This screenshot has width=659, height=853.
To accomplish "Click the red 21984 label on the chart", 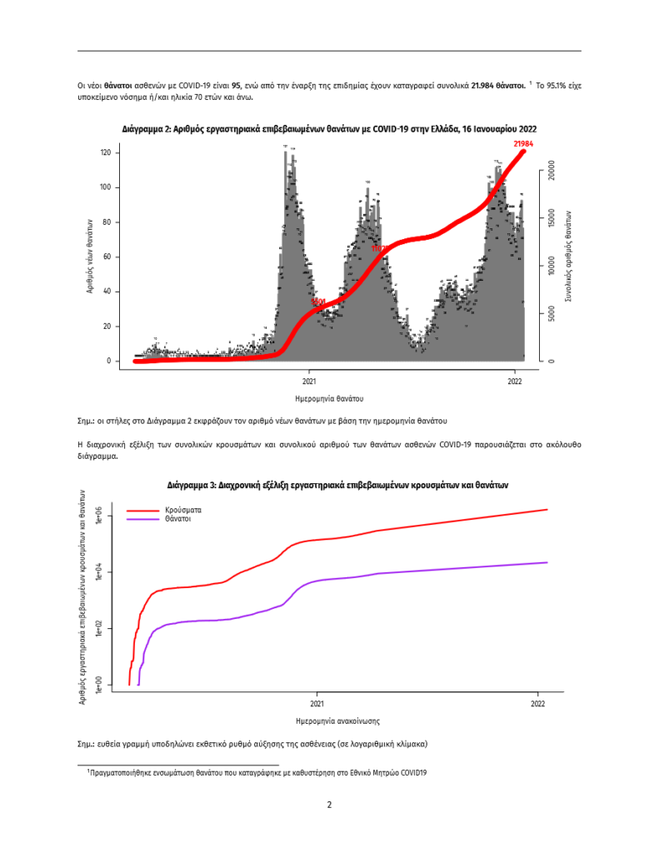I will point(523,143).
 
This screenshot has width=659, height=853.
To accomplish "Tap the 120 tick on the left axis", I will point(105,152).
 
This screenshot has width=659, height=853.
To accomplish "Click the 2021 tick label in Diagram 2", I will point(308,382).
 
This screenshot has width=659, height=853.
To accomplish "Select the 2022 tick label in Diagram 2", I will point(515,382).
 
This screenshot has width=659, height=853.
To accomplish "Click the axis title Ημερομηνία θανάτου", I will point(329,399).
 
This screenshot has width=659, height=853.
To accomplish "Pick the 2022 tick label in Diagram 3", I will point(537,703).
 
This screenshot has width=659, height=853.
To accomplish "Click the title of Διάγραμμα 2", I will point(329,129).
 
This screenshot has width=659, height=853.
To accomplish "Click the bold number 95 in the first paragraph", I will point(237,85).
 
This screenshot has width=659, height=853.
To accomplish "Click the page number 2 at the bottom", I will point(329,805).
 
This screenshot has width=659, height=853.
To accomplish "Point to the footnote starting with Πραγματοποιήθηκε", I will point(258,772).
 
